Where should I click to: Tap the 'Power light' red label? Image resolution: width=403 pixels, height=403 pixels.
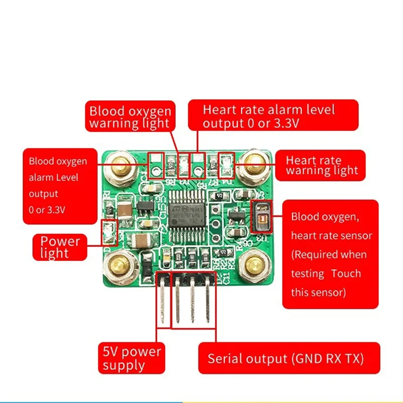(x=60, y=246)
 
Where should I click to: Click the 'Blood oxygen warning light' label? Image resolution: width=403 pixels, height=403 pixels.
(x=129, y=117)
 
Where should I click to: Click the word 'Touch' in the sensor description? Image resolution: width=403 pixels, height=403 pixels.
(x=346, y=274)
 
